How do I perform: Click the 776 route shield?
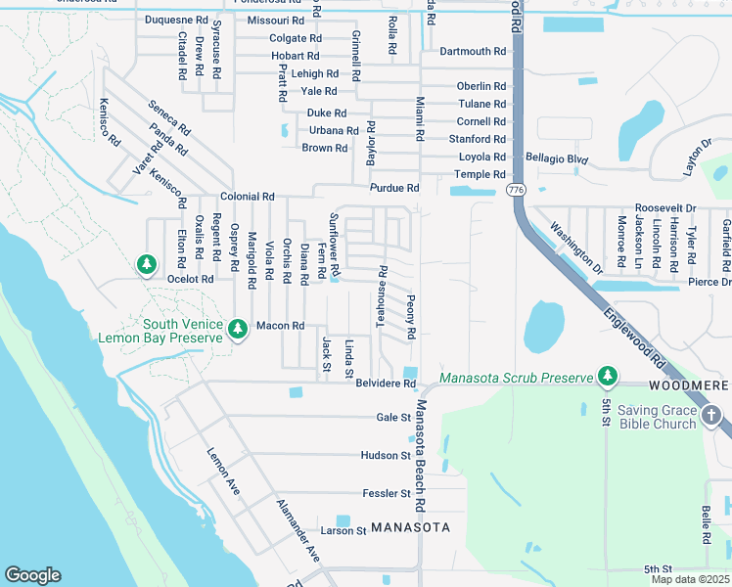[x=516, y=189]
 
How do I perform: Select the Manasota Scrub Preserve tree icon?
[x=608, y=377]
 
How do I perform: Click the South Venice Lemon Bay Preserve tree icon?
[x=237, y=332]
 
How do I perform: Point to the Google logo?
[x=32, y=574]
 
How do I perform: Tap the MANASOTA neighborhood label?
[x=411, y=526]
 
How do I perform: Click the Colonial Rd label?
[x=247, y=196]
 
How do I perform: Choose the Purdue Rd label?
[x=393, y=188]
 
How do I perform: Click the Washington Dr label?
[x=575, y=249]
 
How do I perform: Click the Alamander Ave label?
[x=297, y=530]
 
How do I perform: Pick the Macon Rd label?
[x=280, y=325]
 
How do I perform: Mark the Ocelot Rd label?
[x=190, y=279]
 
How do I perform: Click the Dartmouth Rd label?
[x=472, y=51]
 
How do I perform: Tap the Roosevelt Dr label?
[x=664, y=207]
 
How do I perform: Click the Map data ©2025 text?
[x=689, y=579]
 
